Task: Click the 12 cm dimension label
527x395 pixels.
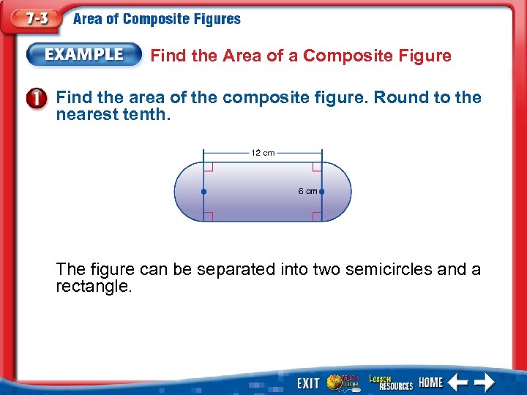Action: click(263, 153)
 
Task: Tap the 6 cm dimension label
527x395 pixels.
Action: click(307, 191)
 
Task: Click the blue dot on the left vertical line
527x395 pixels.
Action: click(203, 192)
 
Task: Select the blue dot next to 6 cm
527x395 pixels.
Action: click(321, 192)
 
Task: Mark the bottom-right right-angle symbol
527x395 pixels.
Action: click(317, 216)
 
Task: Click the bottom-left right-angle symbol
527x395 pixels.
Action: click(208, 216)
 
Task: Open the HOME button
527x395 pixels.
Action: click(430, 382)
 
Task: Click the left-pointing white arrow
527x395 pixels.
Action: click(458, 382)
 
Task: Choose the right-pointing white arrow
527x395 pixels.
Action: click(485, 382)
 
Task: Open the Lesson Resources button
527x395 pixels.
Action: click(391, 382)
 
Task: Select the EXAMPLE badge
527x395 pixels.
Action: click(85, 55)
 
